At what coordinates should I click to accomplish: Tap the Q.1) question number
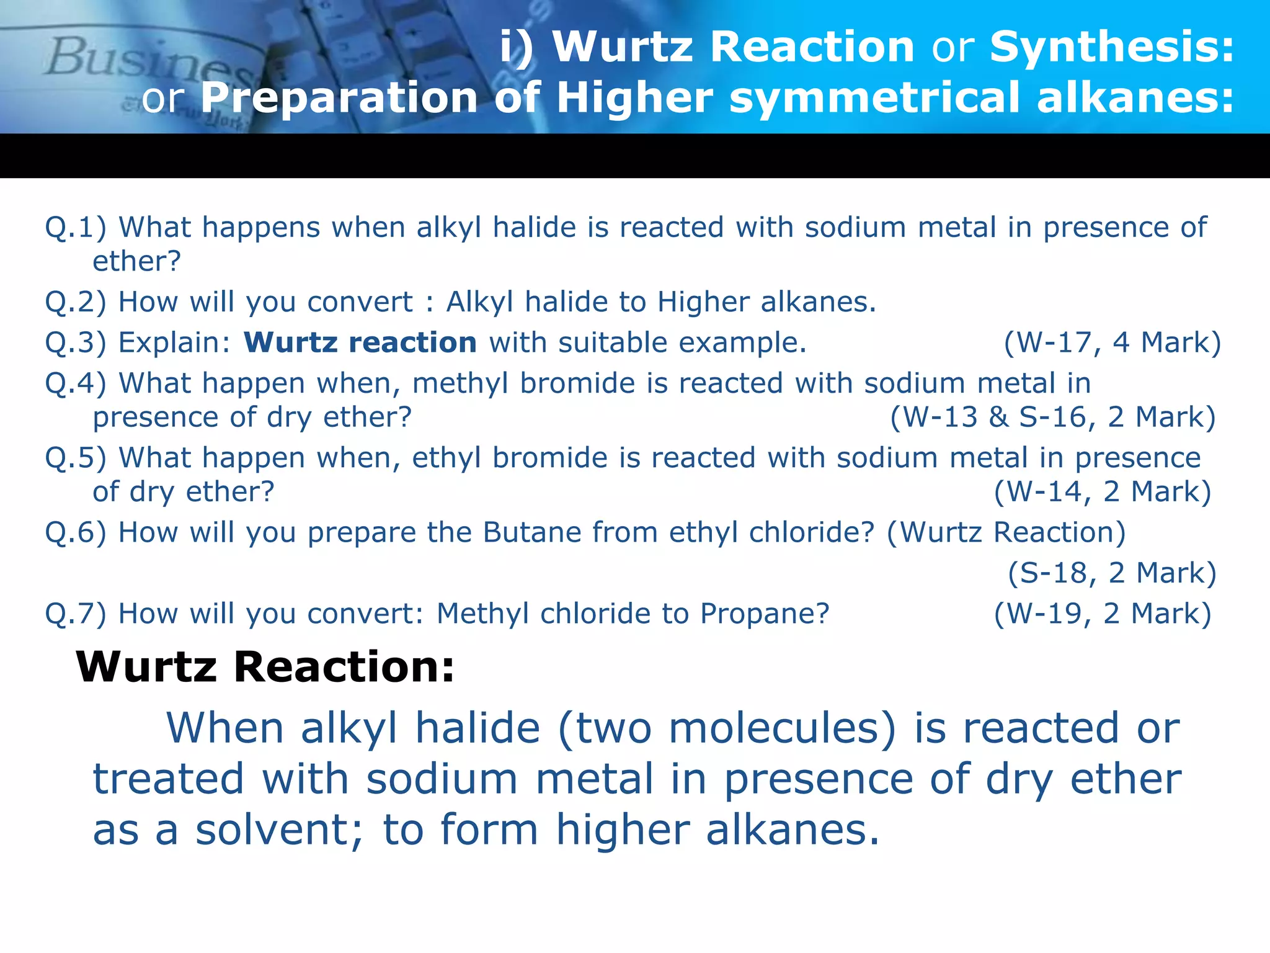click(x=75, y=227)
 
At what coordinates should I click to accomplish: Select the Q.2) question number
click(x=75, y=302)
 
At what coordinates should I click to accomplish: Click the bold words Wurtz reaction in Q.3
click(x=360, y=342)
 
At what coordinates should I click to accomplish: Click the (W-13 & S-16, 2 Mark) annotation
click(x=1052, y=417)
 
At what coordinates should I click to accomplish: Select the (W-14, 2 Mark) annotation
click(x=1103, y=491)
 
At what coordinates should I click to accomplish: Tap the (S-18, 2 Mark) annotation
click(x=1112, y=573)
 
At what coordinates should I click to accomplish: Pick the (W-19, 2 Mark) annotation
click(x=1103, y=614)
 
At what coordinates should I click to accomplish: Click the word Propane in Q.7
click(x=764, y=614)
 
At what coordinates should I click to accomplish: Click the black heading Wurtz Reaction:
click(x=265, y=667)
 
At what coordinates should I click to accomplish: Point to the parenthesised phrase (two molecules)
click(x=727, y=728)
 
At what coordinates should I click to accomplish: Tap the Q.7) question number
click(x=75, y=614)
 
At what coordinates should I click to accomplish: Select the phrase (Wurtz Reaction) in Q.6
click(x=1006, y=532)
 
